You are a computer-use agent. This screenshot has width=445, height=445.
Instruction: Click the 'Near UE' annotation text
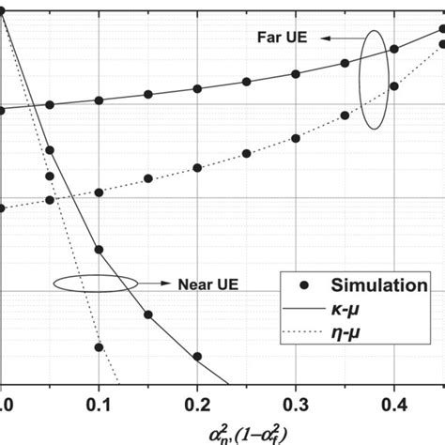[199, 282]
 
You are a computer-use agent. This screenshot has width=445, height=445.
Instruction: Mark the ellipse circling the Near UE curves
[85, 282]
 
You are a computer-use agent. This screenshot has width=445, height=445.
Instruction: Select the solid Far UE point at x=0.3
[296, 74]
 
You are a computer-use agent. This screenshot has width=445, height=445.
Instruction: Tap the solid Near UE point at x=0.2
[198, 357]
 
